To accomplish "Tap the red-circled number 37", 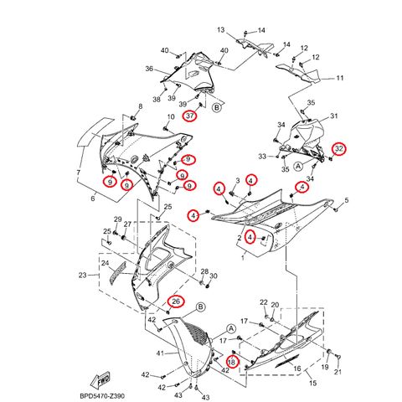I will pos(190,116).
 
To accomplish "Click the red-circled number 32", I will pos(338,149).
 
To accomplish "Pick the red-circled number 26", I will pos(176,301).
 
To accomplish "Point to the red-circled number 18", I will pos(233,362).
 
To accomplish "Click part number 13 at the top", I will pos(222,30).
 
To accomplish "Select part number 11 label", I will pos(340,79).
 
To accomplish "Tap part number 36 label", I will pos(148,69).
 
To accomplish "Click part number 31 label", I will pos(332,116).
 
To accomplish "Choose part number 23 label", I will pos(83,274).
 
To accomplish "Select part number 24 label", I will pos(106,263).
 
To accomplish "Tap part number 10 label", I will pos(170,117).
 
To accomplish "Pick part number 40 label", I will pos(164,50).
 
